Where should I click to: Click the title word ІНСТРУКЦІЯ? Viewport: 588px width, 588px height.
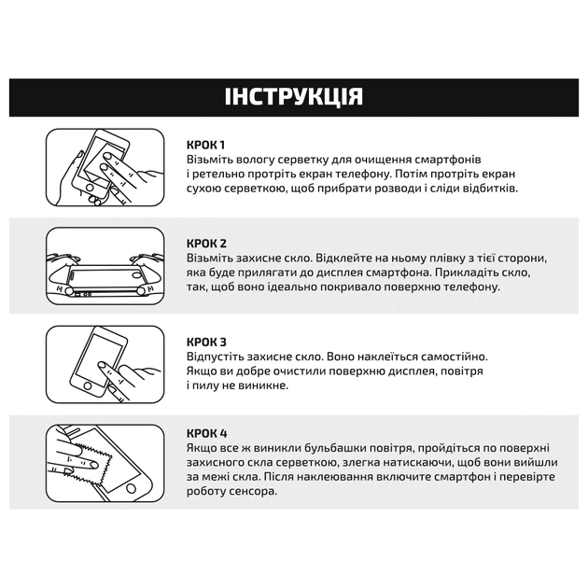coord(294,97)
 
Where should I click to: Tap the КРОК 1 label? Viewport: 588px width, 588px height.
coord(205,145)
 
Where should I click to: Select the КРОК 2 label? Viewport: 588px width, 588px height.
coord(206,243)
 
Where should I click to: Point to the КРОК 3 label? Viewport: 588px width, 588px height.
coord(206,343)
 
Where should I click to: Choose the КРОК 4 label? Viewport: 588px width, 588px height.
coord(206,433)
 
